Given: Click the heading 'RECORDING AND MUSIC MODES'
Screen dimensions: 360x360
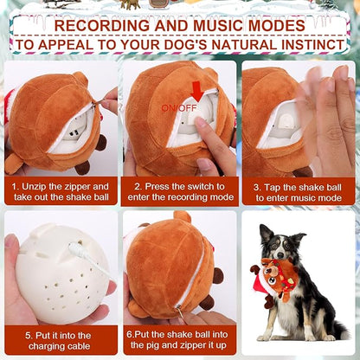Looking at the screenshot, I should coord(180,24).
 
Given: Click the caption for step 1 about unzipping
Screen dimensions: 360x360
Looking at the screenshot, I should coord(61,190).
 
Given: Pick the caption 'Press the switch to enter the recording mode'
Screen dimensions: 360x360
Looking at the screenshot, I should coord(180,190).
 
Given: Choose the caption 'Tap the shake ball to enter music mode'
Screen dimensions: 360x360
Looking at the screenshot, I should coord(299,190).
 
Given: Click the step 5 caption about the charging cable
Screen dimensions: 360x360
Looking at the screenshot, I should coord(61,340).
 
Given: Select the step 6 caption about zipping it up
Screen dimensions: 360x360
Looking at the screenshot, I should coord(180,340).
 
